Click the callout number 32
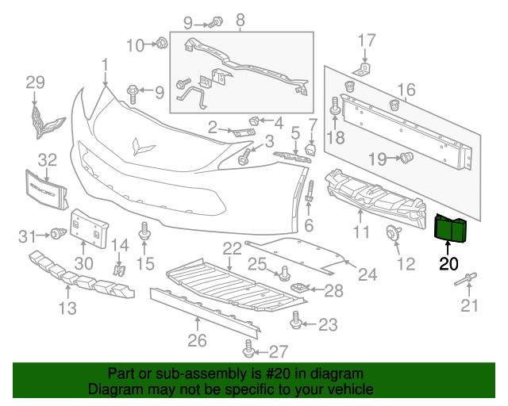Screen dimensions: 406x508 [47, 159]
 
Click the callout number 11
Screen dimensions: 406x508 [362, 232]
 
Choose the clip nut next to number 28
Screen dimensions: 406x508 [301, 289]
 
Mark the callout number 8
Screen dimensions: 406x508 [240, 19]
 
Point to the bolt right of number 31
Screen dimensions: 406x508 [56, 232]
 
